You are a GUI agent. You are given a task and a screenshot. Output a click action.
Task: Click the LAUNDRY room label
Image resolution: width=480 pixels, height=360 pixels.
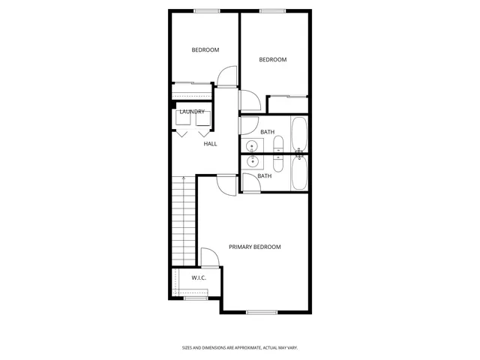click(192, 112)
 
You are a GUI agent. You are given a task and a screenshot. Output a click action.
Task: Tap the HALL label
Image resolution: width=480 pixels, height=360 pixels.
click(210, 143)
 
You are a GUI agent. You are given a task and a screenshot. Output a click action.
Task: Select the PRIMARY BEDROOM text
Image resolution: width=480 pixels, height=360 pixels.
click(255, 247)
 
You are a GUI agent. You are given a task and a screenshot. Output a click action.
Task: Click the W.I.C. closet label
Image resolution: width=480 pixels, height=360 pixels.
click(199, 278)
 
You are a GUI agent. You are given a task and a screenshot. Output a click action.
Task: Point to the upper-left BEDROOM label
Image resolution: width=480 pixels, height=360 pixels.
click(205, 50)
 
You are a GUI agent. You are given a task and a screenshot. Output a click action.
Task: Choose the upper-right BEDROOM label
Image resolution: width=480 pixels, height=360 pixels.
click(273, 60)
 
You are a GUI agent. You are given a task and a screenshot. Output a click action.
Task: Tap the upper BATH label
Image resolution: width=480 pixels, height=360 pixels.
click(268, 132)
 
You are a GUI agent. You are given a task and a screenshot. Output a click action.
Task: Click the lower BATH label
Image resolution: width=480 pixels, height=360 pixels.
click(265, 176)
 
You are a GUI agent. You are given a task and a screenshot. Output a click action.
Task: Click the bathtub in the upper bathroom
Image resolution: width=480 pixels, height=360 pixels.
click(299, 134)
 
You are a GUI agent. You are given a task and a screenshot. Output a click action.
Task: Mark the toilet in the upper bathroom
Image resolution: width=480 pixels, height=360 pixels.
click(278, 144)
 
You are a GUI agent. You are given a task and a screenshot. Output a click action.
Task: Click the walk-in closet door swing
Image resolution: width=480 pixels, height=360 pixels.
click(208, 258)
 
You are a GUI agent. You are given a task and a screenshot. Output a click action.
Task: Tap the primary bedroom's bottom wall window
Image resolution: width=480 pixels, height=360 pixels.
click(262, 311)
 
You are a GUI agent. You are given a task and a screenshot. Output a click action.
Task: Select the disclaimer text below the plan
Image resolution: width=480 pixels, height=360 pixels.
click(240, 347)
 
